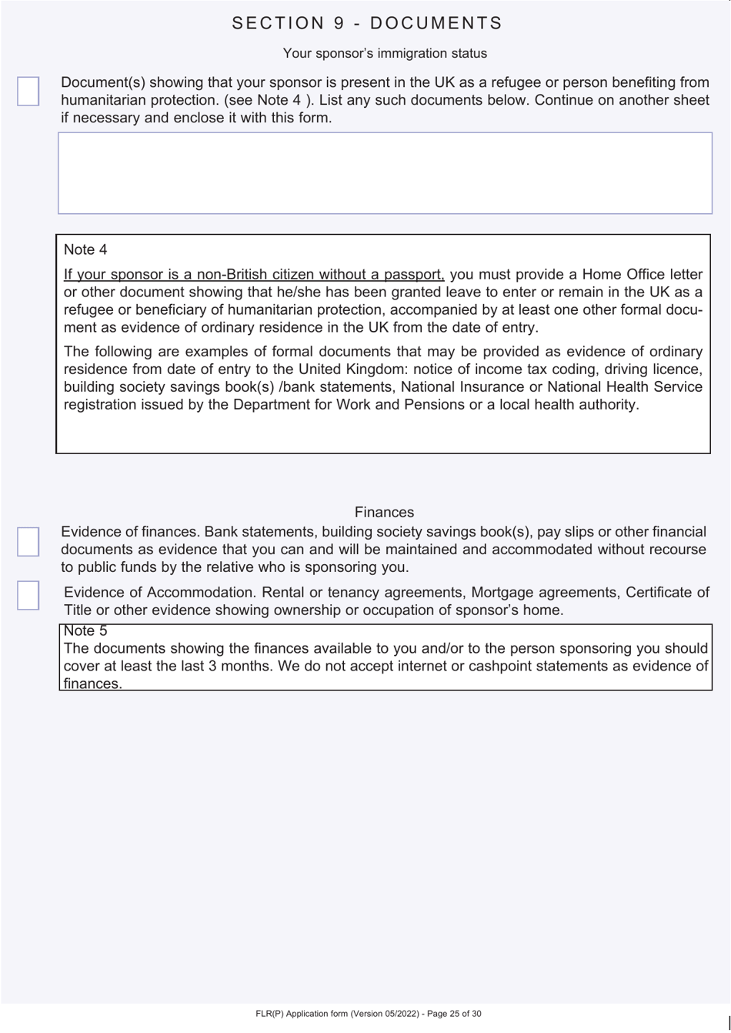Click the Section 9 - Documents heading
coord(366,23)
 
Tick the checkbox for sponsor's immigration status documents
coord(28,91)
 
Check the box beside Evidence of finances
coord(28,541)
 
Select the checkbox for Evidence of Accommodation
coord(28,595)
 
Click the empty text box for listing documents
coord(385,173)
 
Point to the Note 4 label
coord(85,249)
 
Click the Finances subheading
coord(384,512)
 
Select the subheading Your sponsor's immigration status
coord(385,53)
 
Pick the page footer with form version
coord(369,1014)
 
